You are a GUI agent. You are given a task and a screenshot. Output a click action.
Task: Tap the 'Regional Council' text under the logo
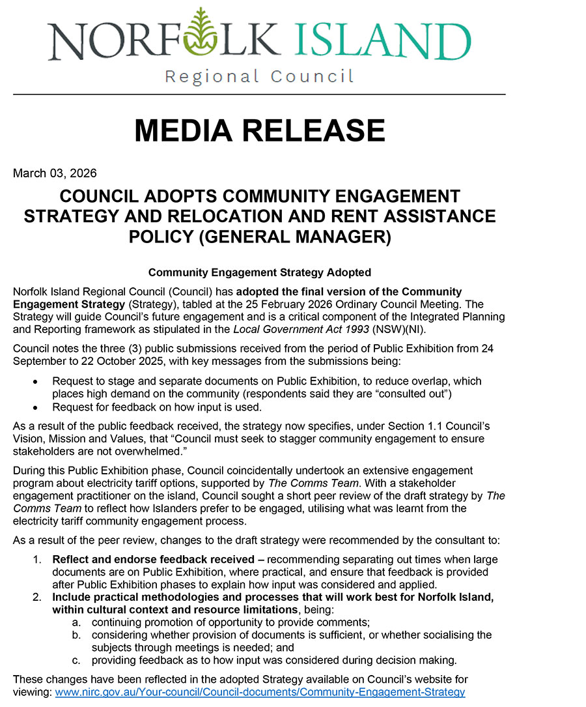[x=259, y=77]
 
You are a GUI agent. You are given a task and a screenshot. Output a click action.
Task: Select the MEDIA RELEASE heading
[x=259, y=130]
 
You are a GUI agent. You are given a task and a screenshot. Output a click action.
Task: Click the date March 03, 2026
[x=55, y=173]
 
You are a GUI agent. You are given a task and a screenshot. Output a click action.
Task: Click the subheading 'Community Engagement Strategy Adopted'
[x=259, y=272]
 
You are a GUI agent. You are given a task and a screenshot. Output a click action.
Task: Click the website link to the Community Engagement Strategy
[x=260, y=692]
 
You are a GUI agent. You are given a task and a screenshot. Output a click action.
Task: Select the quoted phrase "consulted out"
[x=410, y=394]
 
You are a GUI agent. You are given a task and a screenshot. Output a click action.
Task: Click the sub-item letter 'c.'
[x=76, y=659]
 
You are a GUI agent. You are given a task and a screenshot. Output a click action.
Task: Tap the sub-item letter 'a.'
[x=76, y=622]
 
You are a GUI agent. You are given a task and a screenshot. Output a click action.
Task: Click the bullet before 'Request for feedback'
[x=35, y=408]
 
